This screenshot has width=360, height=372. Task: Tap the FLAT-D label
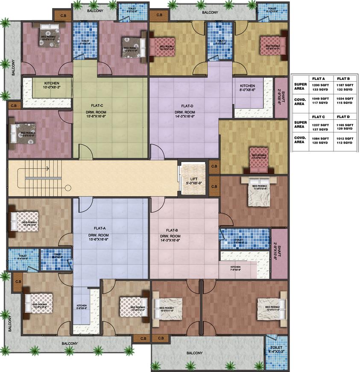tap(187, 106)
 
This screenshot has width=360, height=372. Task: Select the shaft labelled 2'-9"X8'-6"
tap(280, 97)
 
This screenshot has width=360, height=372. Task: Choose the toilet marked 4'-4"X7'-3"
tap(275, 351)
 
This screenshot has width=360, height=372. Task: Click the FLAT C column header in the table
tap(319, 116)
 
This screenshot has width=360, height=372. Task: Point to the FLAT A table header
tap(319, 79)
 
